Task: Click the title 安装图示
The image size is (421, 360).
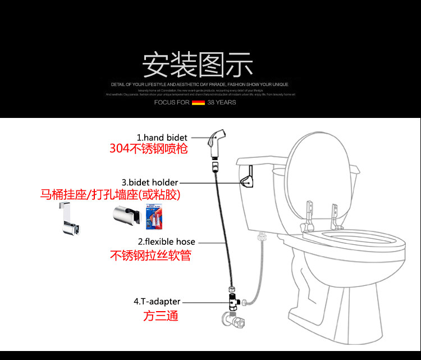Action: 198,65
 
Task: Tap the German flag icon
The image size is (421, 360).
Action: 198,103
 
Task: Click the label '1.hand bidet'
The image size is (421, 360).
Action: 162,137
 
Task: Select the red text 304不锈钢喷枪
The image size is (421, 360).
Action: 148,149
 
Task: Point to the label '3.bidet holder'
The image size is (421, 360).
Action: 150,183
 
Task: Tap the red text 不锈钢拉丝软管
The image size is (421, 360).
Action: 150,256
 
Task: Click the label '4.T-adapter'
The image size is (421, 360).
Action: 157,302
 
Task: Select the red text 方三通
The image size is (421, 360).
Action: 161,316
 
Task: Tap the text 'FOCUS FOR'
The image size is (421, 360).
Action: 172,103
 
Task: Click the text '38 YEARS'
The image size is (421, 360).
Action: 222,103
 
